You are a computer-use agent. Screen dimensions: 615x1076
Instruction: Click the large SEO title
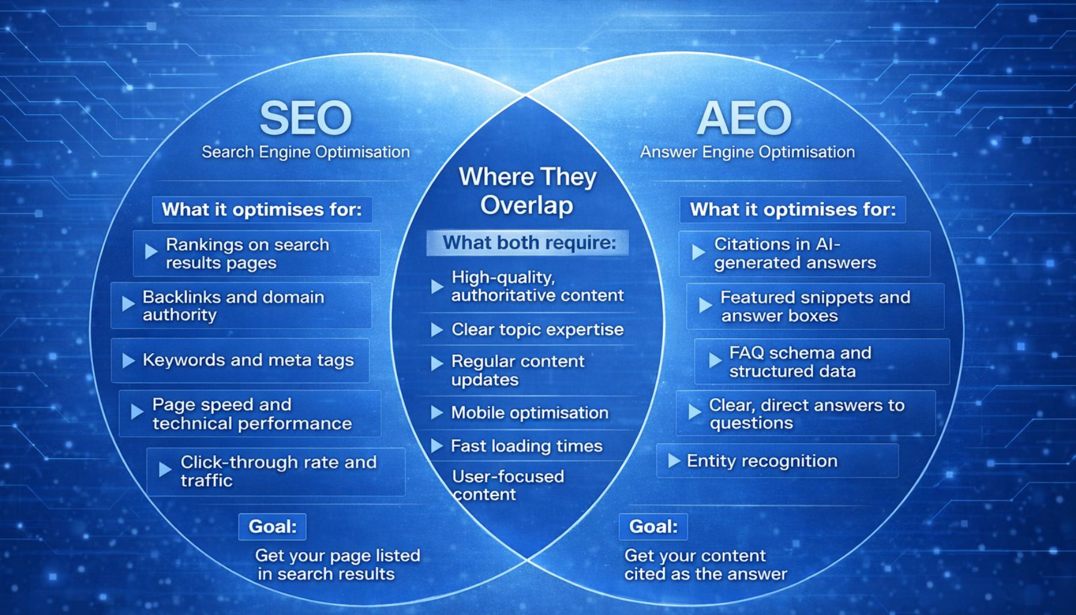305,118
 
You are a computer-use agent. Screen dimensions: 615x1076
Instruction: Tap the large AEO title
744,118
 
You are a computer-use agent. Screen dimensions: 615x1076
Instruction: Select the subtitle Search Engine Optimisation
306,152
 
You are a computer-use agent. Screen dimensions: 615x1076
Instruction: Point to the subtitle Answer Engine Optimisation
748,152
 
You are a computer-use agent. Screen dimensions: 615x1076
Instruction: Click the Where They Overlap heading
527,190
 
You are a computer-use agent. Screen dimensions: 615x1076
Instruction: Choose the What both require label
529,243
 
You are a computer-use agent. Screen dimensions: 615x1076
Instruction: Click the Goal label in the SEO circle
273,527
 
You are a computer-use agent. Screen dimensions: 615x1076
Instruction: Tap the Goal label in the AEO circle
653,527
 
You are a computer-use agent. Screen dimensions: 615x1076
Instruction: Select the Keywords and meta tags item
248,360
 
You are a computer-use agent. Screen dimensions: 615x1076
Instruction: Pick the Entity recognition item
762,461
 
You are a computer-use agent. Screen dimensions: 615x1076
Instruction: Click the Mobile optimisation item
530,413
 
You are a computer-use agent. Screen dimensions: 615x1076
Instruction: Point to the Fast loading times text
527,446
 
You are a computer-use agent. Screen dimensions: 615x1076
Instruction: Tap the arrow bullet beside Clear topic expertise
437,330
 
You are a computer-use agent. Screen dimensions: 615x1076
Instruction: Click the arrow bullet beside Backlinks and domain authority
128,304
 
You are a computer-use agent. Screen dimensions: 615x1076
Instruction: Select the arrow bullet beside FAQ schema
715,360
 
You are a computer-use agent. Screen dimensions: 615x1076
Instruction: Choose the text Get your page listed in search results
337,565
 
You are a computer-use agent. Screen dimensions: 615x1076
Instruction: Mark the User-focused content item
508,485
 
